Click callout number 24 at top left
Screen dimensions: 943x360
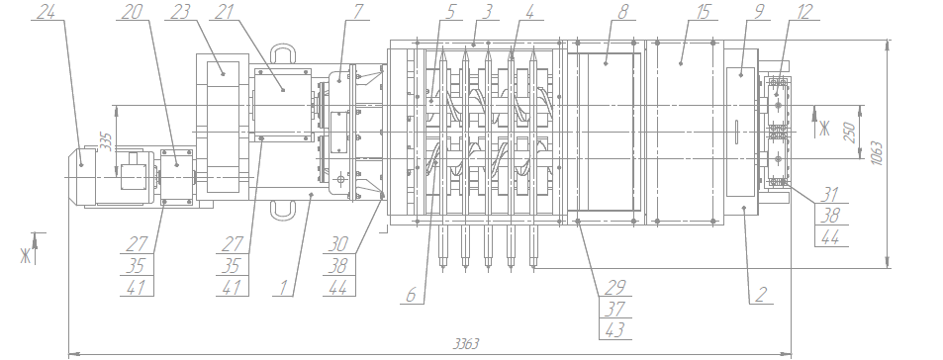[x=47, y=12]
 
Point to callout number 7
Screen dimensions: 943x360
[x=358, y=12]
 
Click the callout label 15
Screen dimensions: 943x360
[x=702, y=12]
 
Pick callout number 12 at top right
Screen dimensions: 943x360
[x=804, y=12]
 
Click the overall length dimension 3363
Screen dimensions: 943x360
[x=466, y=344]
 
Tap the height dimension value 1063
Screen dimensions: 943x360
[x=877, y=153]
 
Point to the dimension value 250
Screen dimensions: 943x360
[x=850, y=133]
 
